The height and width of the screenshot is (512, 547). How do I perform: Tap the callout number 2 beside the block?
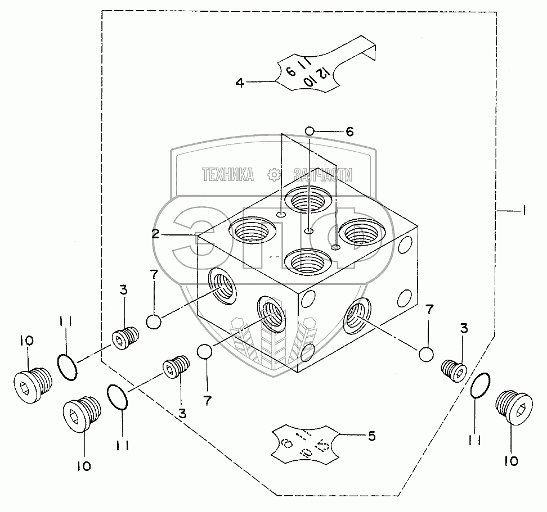(x=155, y=234)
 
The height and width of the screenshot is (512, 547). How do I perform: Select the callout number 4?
(x=240, y=83)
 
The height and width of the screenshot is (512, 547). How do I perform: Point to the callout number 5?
(x=372, y=435)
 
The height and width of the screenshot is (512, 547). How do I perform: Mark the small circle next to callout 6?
(x=310, y=132)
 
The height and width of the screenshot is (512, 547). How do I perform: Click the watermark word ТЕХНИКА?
(x=228, y=175)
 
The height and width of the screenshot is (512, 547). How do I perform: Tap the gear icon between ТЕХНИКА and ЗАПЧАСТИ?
(x=275, y=175)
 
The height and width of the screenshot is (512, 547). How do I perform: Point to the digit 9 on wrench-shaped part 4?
(x=291, y=71)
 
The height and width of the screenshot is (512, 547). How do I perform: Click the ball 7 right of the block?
(x=425, y=354)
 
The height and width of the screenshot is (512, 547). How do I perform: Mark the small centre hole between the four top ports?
(x=308, y=232)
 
